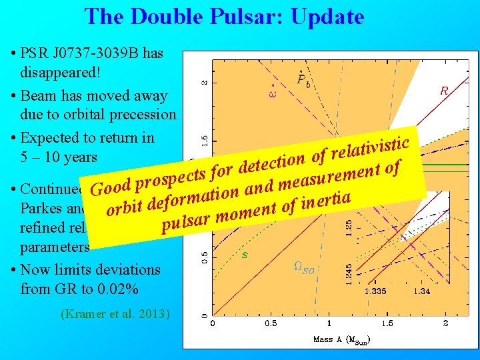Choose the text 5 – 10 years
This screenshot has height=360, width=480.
pos(59,157)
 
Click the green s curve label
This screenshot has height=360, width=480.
pos(244,255)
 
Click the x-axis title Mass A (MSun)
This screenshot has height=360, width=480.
pos(341,339)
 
